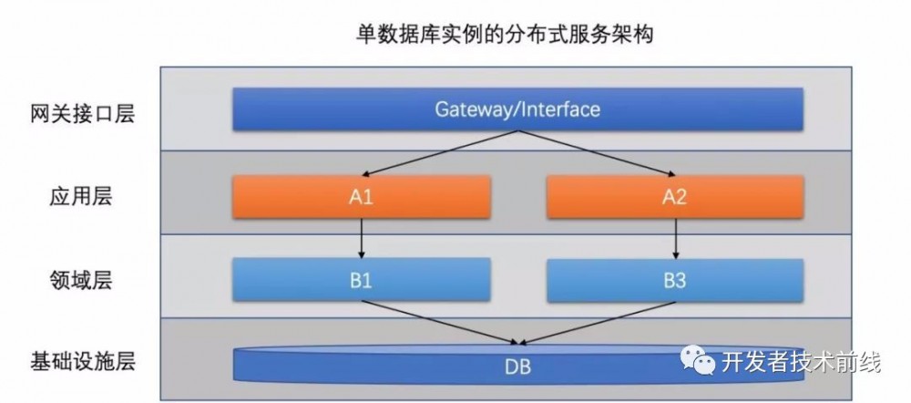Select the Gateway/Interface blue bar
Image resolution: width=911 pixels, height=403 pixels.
(517, 109)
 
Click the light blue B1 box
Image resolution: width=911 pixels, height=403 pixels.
(363, 279)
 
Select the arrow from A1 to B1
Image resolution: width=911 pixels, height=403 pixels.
(363, 237)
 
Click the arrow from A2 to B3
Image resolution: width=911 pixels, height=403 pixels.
(674, 237)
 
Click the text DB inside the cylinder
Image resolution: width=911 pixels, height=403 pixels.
(517, 370)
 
